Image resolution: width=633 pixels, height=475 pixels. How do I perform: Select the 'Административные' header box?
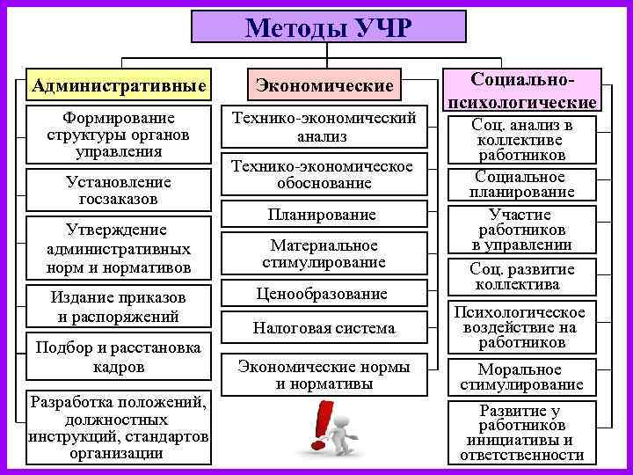point(119,86)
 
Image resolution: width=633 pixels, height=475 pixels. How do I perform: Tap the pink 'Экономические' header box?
point(324,86)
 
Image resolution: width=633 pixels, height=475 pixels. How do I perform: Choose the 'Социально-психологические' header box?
point(523,91)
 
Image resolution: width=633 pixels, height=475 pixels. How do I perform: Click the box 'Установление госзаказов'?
point(119,190)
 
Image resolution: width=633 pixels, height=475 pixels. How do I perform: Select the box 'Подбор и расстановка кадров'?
point(119,356)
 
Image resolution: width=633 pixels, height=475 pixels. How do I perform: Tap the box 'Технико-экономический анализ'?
point(324,128)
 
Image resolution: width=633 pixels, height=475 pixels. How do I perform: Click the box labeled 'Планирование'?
point(324,215)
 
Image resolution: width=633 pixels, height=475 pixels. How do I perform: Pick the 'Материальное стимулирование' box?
point(324,253)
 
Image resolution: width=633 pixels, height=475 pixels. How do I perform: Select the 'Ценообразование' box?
point(324,294)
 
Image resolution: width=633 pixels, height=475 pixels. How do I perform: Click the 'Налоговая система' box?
point(324,328)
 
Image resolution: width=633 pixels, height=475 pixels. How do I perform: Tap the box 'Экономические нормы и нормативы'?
point(324,374)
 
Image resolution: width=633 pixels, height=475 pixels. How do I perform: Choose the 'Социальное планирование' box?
point(523,183)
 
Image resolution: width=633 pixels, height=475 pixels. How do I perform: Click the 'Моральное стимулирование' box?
point(523,376)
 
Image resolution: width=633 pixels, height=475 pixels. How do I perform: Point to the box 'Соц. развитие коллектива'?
point(523,276)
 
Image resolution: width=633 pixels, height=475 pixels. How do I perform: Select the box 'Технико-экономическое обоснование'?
point(324,174)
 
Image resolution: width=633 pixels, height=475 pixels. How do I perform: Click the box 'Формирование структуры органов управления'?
point(119,135)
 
